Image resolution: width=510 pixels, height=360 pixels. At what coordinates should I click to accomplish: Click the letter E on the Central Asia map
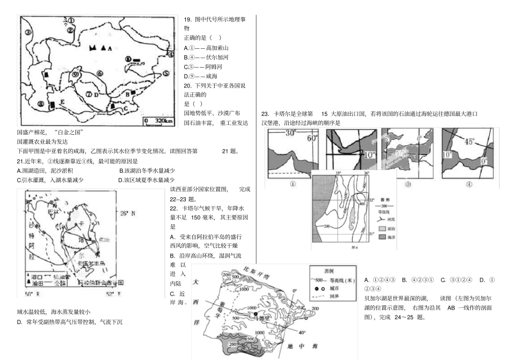pyautogui.click(x=63, y=101)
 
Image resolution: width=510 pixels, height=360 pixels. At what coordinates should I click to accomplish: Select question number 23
pyautogui.click(x=265, y=114)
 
